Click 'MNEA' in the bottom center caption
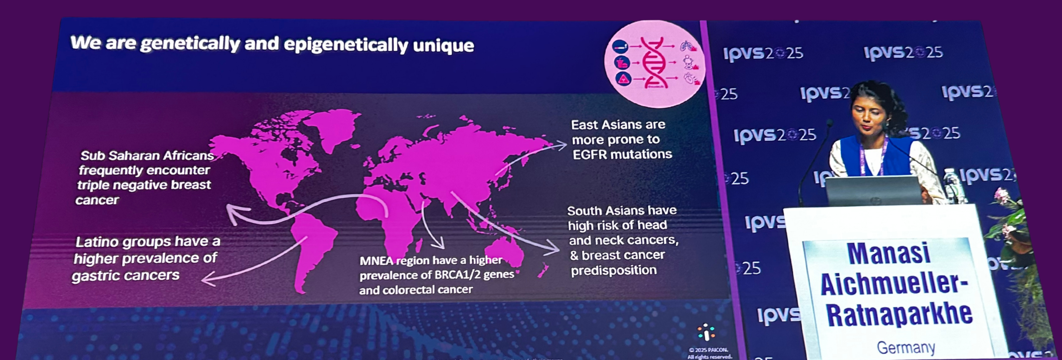click(376, 261)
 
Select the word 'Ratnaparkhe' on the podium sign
click(899, 315)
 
